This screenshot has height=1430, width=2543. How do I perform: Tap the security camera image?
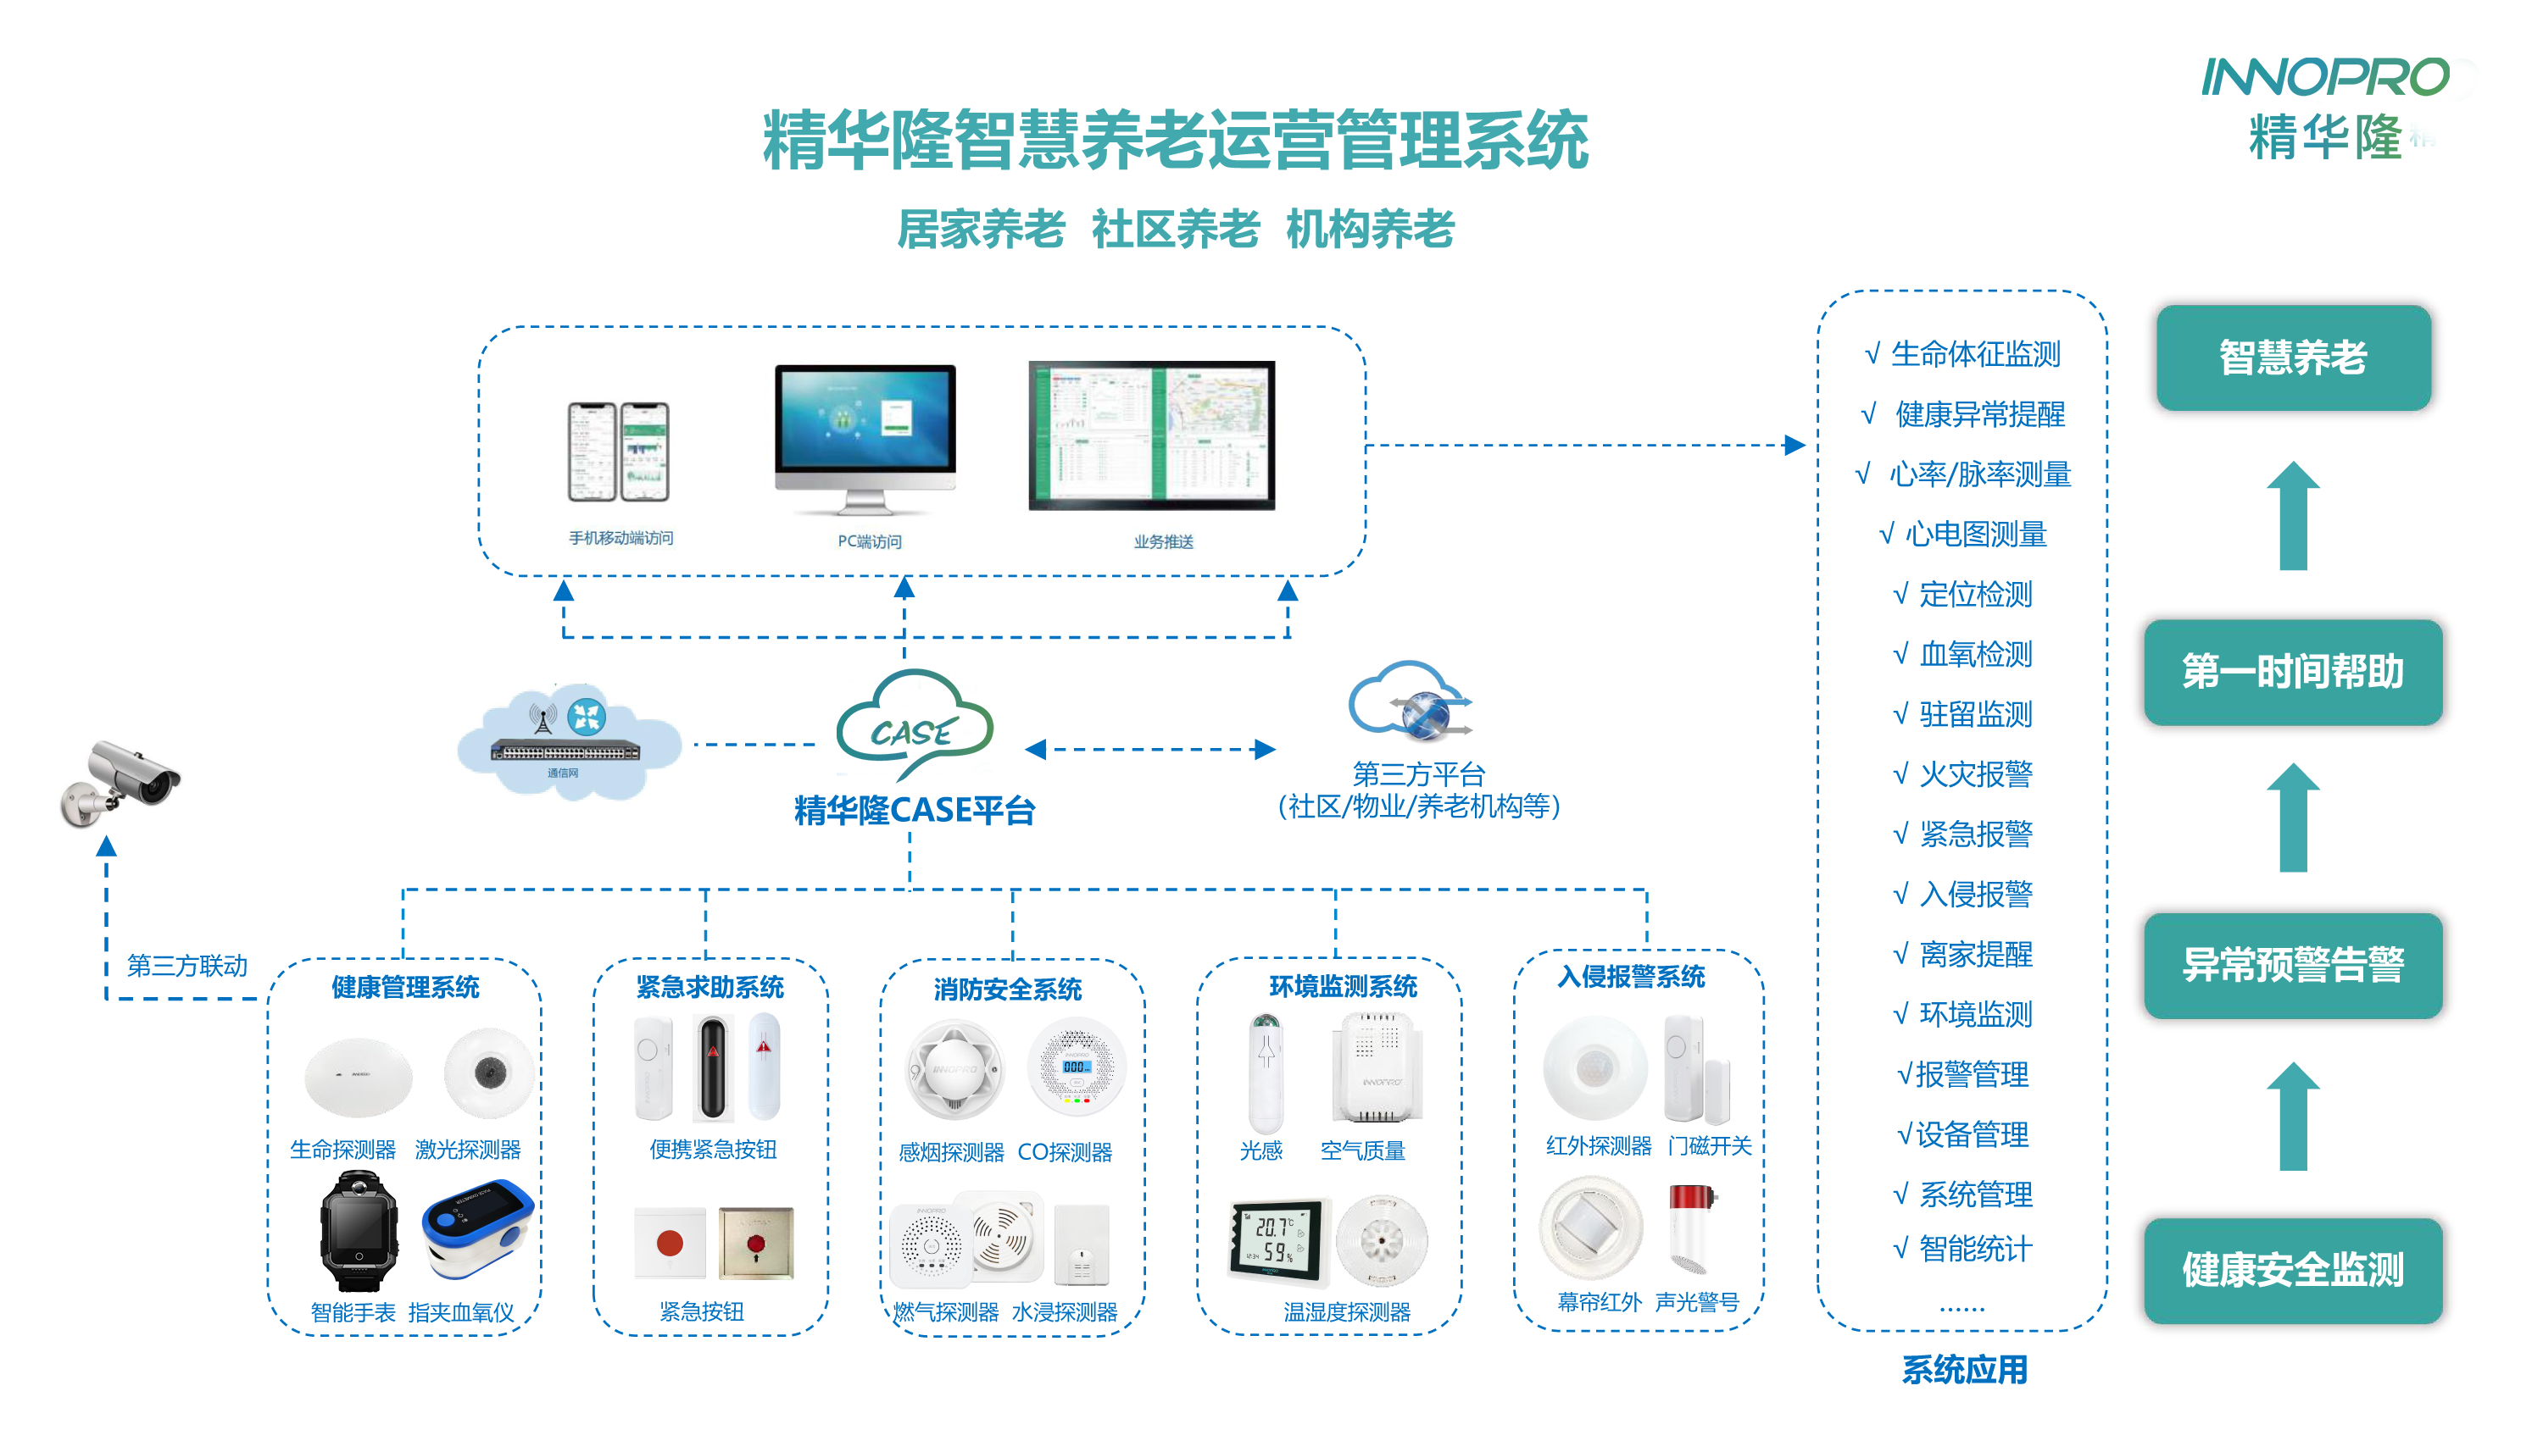120,783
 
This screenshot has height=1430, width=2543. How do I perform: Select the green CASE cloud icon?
914,725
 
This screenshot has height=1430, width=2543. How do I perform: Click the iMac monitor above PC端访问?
865,435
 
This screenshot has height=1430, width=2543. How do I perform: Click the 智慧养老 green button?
2292,357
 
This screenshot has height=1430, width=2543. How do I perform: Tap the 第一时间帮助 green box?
2292,672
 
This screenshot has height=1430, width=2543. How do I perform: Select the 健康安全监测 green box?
2292,1270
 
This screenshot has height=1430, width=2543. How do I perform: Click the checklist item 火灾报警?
1974,774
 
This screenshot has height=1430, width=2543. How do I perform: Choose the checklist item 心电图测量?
1974,535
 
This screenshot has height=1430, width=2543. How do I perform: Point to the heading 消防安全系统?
1007,989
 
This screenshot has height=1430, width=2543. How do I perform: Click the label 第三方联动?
186,965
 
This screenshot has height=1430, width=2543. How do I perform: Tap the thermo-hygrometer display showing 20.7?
1276,1239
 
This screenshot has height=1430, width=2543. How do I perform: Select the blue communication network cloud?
568,742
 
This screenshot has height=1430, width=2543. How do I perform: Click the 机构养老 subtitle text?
1369,230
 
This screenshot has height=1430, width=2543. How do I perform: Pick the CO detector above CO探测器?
1076,1067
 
